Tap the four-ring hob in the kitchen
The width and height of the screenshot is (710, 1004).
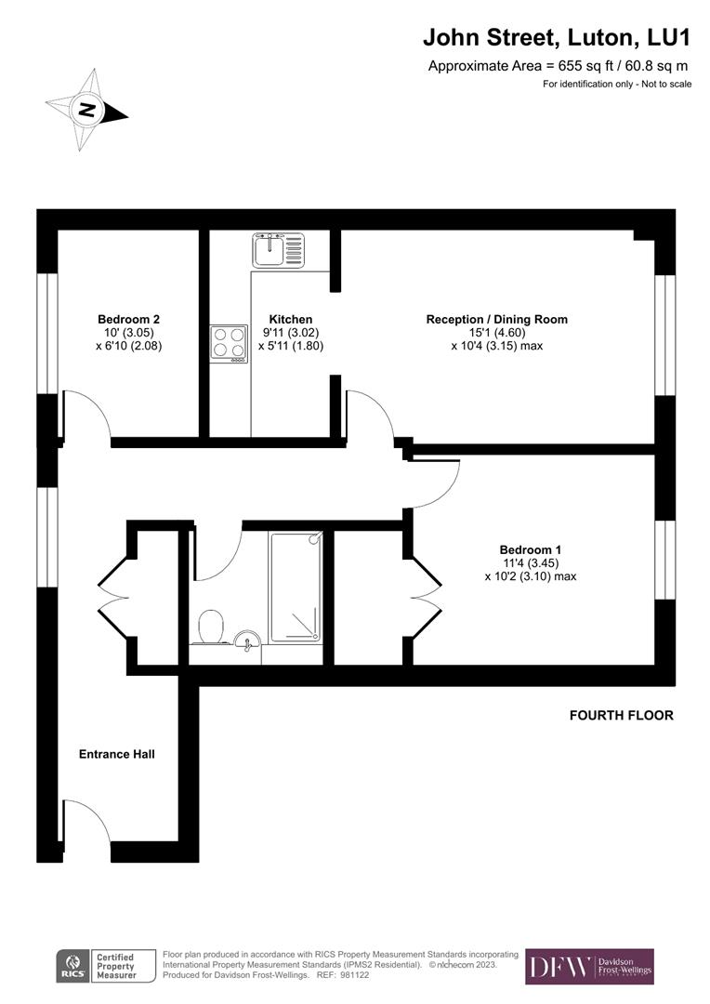229,343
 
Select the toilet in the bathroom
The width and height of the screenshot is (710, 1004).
211,627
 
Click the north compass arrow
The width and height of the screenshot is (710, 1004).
87,111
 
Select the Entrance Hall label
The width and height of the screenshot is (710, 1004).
116,754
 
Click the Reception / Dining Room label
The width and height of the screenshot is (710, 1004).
496,319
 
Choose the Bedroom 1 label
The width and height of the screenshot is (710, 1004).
530,549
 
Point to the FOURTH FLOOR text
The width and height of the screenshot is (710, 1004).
621,716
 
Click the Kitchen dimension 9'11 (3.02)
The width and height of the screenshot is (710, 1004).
290,332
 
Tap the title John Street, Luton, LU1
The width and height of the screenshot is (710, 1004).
558,37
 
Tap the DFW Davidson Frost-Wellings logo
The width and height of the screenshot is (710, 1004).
589,967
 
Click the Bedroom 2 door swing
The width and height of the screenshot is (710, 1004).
87,415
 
